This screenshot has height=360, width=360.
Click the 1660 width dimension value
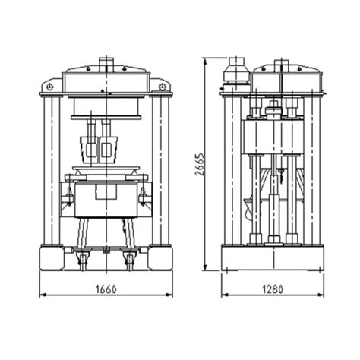[x=107, y=288]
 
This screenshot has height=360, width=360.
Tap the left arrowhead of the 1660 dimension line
[x=40, y=295]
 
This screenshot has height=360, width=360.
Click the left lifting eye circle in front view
[x=50, y=87]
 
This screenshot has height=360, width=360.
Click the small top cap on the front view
[x=107, y=62]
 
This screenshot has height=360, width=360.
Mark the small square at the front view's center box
[x=102, y=194]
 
